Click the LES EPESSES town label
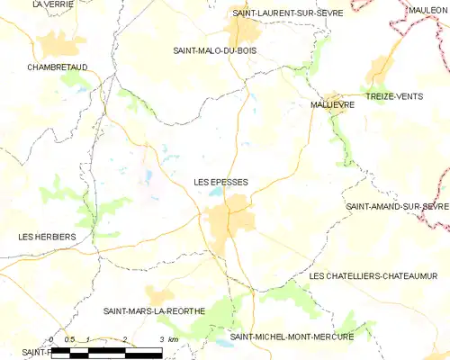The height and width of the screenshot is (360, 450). point(220,182)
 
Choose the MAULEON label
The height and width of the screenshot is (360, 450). point(427,9)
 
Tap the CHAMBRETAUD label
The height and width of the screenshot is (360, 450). point(57,67)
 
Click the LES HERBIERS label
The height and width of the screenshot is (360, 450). point(47,237)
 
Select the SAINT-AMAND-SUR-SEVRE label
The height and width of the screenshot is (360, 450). point(397,207)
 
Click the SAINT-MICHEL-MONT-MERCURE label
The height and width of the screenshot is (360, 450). point(292,337)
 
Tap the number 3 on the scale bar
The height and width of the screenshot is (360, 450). point(161,339)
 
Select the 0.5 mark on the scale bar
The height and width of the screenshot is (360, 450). point(69,339)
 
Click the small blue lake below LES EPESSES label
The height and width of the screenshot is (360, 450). point(215,192)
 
